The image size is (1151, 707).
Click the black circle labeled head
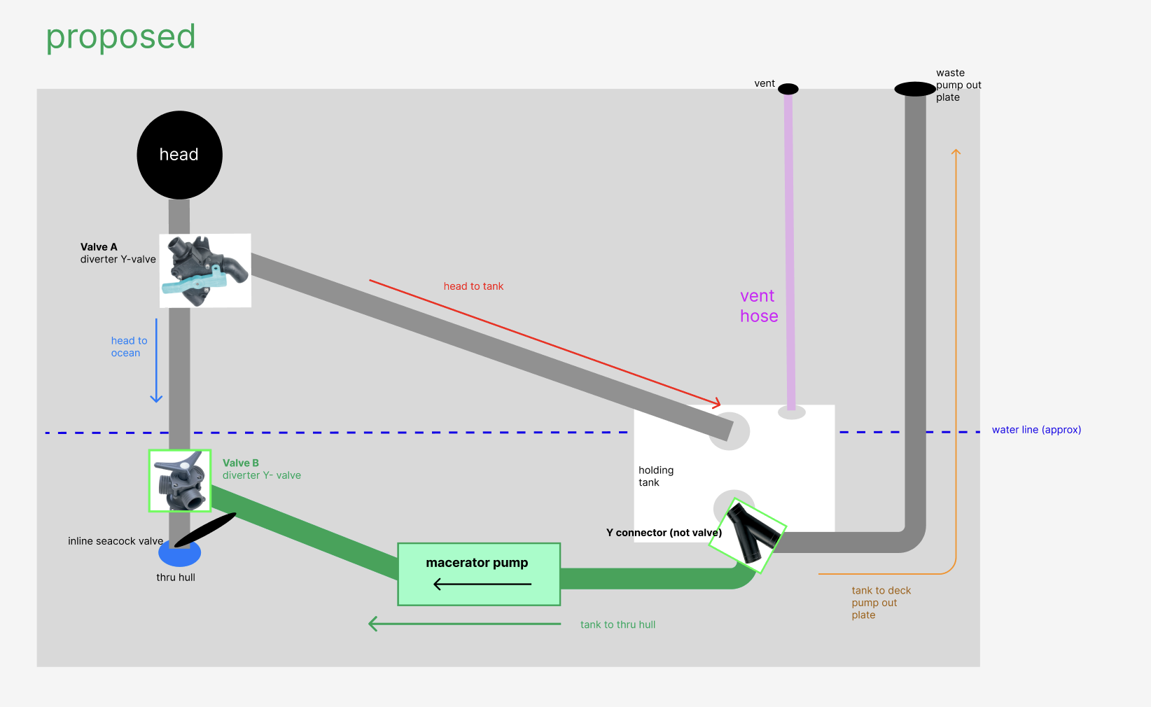[x=179, y=155]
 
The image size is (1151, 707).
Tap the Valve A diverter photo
[x=205, y=271]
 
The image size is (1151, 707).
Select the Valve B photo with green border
[x=180, y=481]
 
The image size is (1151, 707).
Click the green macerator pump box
[x=479, y=574]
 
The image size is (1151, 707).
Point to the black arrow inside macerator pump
[x=482, y=584]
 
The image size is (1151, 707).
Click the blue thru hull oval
[x=179, y=553]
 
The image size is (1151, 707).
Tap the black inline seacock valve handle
[x=205, y=530]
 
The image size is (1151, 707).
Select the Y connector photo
[x=748, y=535]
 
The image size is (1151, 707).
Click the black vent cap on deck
[x=788, y=89]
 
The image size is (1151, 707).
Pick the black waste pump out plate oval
[x=914, y=89]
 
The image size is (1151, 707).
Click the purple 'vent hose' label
[x=759, y=306]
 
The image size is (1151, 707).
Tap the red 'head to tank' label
[x=473, y=286]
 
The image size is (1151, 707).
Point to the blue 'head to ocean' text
[x=129, y=346]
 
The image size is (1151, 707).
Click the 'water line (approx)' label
[x=1036, y=430]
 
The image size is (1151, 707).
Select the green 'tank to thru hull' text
[x=618, y=624]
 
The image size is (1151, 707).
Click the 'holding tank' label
[x=655, y=476]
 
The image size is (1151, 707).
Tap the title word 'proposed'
[x=120, y=38]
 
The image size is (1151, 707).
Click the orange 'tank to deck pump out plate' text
[x=881, y=603]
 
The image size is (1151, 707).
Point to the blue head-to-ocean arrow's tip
[x=156, y=402]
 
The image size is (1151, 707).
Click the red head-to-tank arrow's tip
[x=720, y=405]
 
